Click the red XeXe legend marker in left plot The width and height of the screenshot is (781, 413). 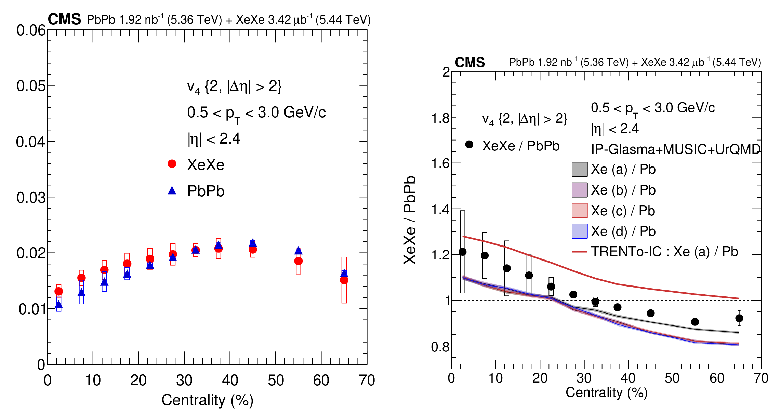click(x=172, y=164)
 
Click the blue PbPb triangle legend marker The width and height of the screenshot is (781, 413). click(x=172, y=190)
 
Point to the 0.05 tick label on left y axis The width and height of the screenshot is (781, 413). click(x=31, y=86)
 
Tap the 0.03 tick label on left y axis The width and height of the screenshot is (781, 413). click(x=31, y=198)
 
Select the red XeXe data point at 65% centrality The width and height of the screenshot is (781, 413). click(x=344, y=280)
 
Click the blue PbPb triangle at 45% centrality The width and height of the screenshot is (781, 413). click(x=253, y=243)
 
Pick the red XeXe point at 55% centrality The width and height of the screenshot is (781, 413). click(x=299, y=261)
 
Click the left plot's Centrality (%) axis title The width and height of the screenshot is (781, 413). click(x=207, y=400)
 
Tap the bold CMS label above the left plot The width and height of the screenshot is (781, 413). click(x=64, y=19)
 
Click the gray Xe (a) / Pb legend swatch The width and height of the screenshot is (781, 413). click(x=580, y=169)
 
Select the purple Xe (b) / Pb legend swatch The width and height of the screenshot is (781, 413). click(x=580, y=190)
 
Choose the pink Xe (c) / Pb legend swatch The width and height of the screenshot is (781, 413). click(x=580, y=211)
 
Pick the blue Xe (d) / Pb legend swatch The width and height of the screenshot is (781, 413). click(x=580, y=231)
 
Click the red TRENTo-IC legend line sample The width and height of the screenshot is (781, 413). click(x=580, y=252)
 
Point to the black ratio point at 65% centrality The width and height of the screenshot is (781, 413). click(x=739, y=318)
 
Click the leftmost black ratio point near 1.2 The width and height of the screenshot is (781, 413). click(x=462, y=252)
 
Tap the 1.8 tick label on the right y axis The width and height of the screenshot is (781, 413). click(x=440, y=118)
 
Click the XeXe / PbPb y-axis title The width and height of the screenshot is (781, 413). click(x=410, y=220)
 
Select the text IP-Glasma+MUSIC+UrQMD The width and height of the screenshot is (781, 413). click(x=676, y=149)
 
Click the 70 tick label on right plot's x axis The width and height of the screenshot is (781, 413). click(x=761, y=378)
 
